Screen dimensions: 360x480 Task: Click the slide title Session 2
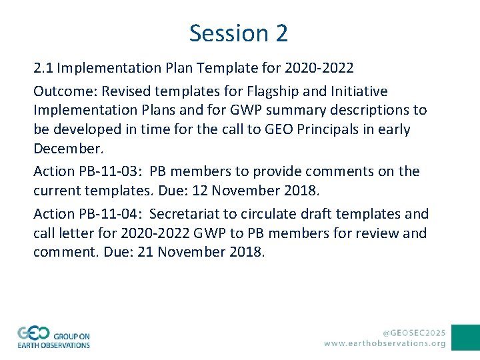pos(239,33)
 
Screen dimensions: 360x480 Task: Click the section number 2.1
pos(44,68)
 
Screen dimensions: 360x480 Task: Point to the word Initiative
pos(355,91)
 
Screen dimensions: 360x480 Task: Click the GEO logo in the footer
pos(53,337)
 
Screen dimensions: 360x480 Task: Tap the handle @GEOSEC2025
pos(413,331)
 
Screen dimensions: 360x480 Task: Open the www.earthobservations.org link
pos(385,343)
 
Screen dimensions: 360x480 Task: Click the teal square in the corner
pos(465,337)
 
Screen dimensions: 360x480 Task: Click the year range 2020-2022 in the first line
pos(319,68)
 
